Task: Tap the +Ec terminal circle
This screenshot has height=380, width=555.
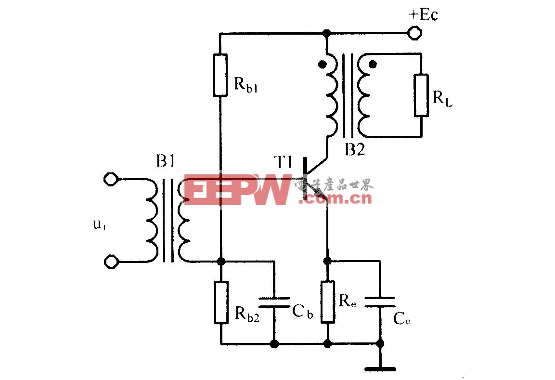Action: [414, 34]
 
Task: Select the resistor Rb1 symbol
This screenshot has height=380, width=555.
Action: [220, 75]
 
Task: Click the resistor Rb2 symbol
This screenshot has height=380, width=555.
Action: [220, 302]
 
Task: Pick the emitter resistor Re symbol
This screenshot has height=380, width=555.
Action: [327, 302]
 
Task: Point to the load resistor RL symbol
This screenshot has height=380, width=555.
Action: [421, 95]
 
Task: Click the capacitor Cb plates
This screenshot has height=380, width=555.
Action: [274, 302]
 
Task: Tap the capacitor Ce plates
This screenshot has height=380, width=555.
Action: [380, 302]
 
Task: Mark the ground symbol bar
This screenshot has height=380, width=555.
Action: [380, 369]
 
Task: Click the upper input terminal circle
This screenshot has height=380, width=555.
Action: [111, 180]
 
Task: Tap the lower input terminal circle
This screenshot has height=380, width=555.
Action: [111, 262]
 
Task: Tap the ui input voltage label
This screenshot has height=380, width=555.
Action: [99, 225]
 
